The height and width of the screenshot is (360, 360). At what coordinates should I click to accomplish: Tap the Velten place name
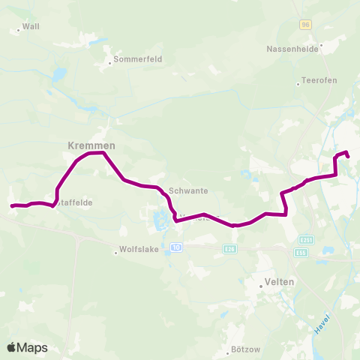click(279, 282)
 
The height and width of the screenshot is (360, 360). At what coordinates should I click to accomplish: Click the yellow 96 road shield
click(305, 25)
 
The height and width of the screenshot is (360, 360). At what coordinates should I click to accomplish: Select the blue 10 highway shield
click(176, 247)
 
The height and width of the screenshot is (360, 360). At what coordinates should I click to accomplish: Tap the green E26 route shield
click(229, 249)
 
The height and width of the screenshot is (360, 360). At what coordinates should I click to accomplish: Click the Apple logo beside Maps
click(12, 347)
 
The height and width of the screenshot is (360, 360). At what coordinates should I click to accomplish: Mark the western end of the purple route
click(11, 205)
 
